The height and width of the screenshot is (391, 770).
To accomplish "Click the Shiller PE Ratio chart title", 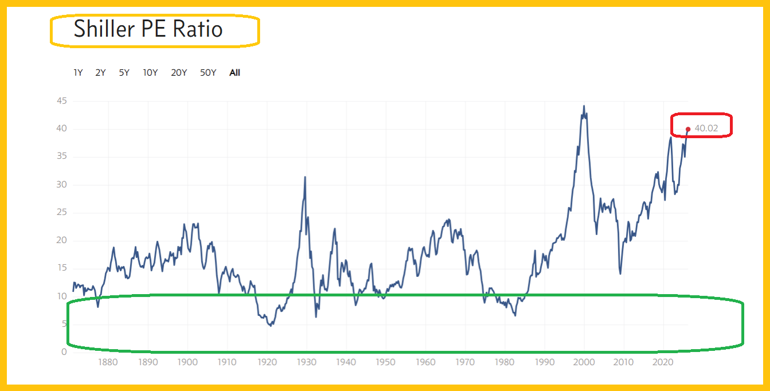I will click(x=148, y=29).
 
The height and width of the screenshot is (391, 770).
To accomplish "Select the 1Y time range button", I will click(x=78, y=73).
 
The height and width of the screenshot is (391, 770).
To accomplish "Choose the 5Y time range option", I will click(x=124, y=73).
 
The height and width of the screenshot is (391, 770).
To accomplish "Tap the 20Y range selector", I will click(x=179, y=73).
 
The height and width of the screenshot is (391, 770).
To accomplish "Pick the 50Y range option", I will click(x=208, y=73).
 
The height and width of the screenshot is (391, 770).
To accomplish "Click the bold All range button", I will click(x=235, y=73).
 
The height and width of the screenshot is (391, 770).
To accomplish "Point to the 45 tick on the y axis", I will click(x=61, y=101).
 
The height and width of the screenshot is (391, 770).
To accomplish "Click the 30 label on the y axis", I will click(x=61, y=185).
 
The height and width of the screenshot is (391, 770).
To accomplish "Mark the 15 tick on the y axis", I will click(x=61, y=268).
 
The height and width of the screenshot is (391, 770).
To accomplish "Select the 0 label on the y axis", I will click(x=64, y=352).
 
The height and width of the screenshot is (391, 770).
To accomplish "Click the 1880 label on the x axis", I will click(x=108, y=362).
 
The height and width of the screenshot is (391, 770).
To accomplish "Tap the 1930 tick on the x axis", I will click(x=307, y=362).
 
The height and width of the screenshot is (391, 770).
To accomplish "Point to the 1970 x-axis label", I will click(x=465, y=362).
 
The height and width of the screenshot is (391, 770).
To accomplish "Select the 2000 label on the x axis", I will click(x=584, y=362).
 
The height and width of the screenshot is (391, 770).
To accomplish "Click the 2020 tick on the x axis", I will click(x=663, y=362).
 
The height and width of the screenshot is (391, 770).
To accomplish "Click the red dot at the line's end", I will click(x=688, y=129).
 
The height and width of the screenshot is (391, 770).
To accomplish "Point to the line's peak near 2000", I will click(x=584, y=106).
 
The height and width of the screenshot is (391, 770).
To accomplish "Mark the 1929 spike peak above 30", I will click(x=305, y=177).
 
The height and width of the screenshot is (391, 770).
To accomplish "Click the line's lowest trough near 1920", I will click(x=270, y=326).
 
